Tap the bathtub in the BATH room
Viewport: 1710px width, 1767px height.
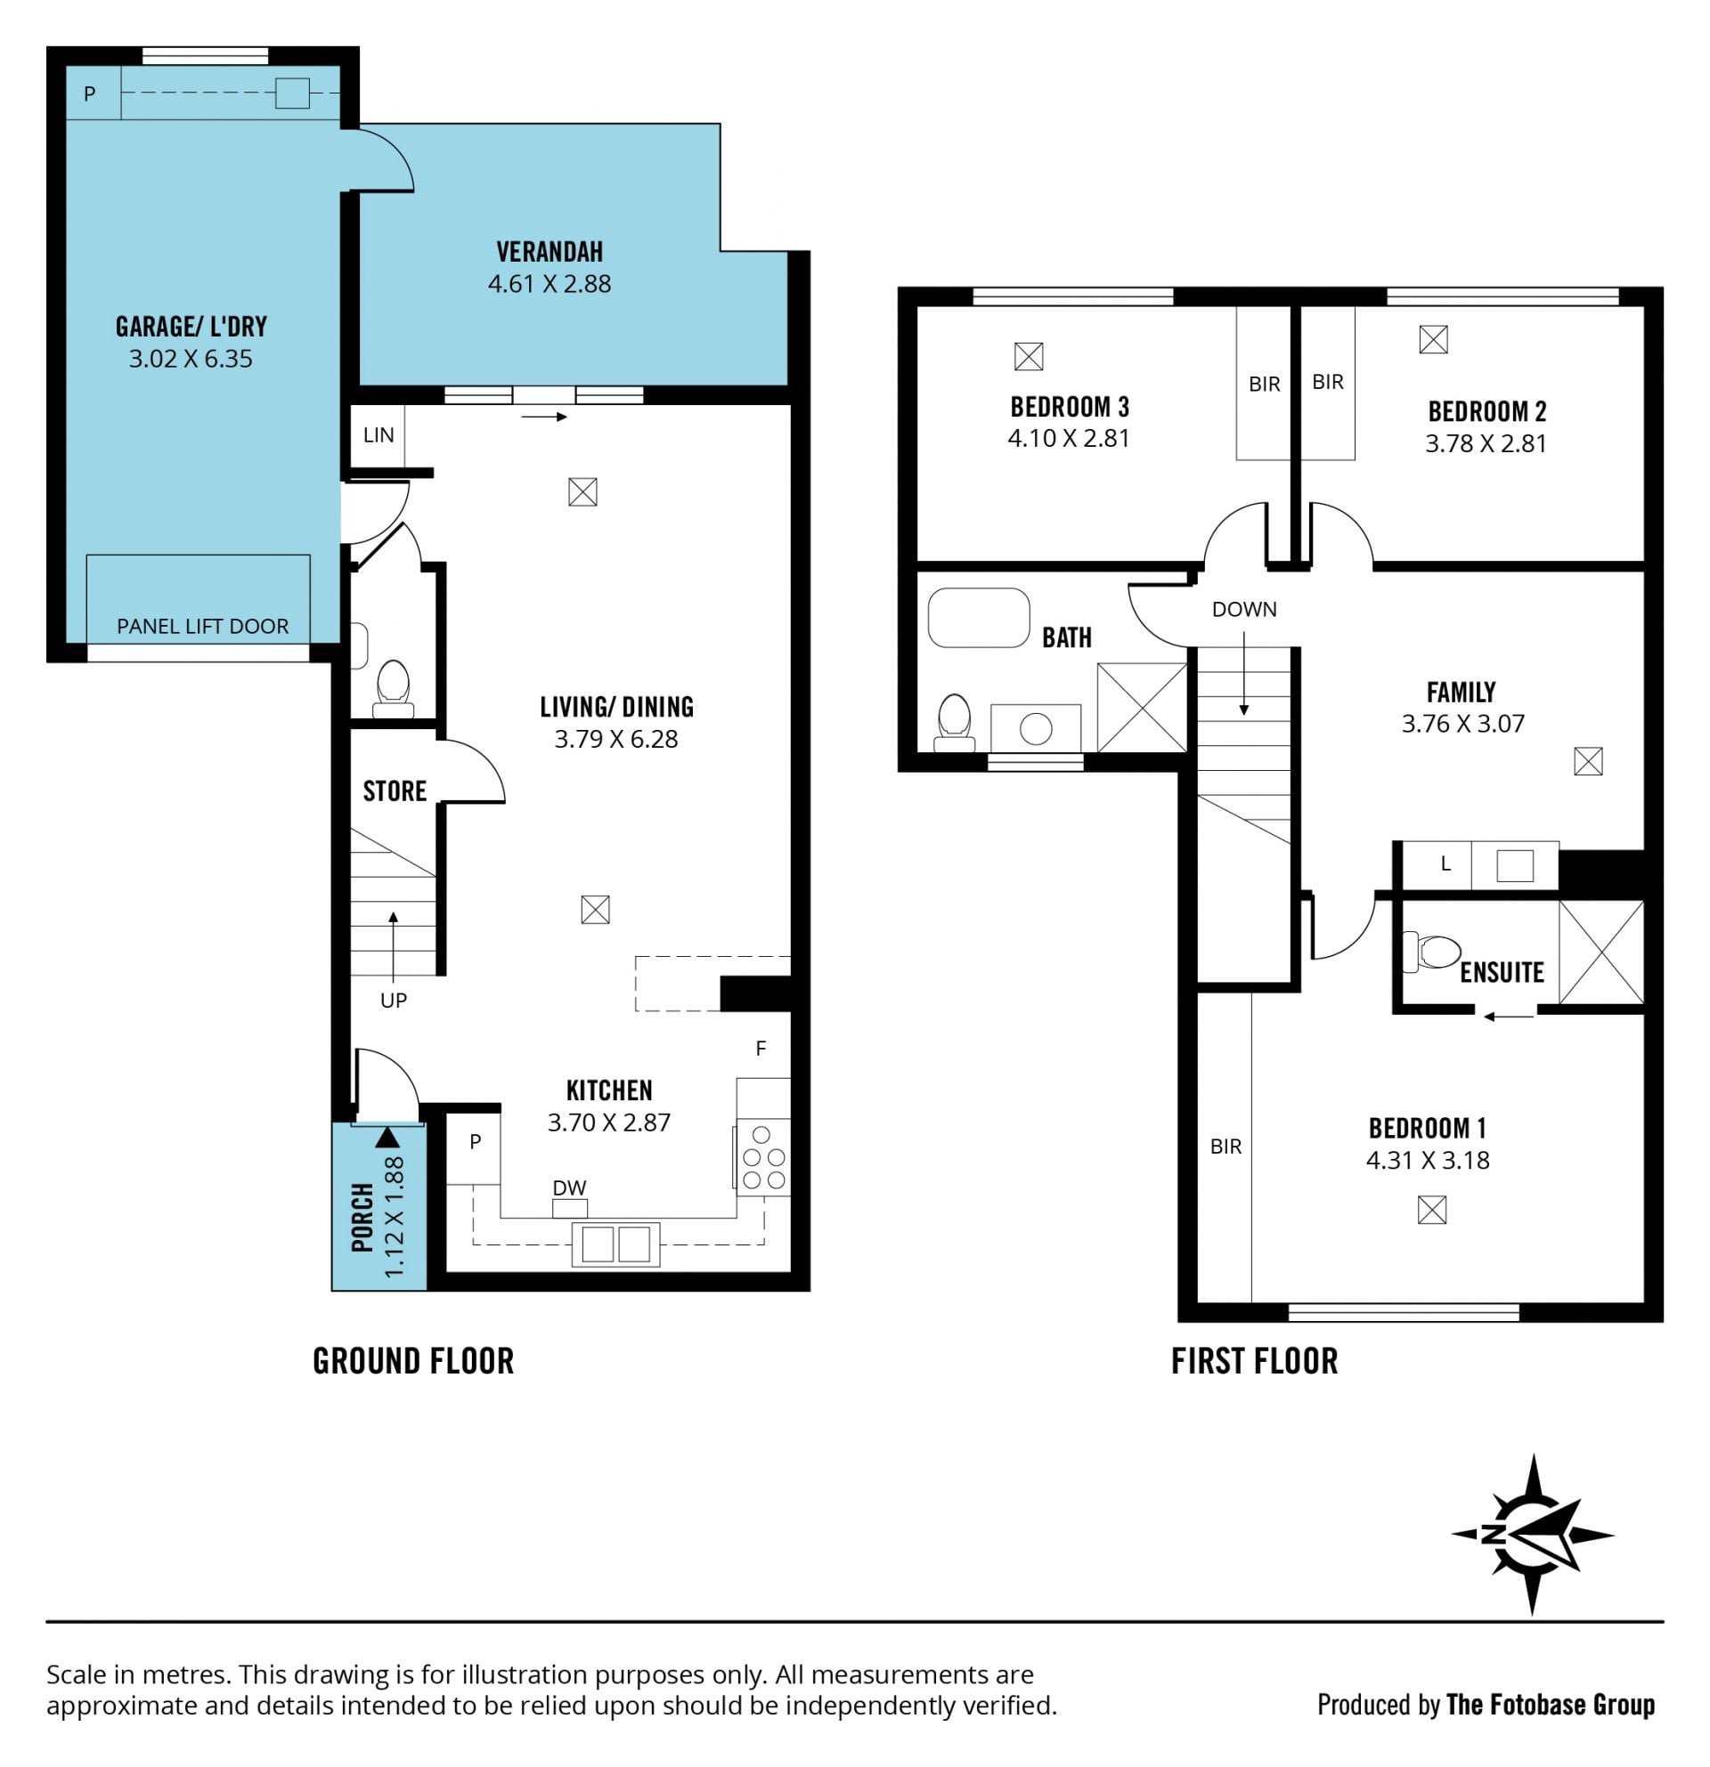[979, 618]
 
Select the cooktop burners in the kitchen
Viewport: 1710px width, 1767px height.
[763, 1156]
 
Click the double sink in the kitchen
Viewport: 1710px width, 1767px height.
[616, 1244]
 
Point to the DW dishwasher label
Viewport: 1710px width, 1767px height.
[569, 1187]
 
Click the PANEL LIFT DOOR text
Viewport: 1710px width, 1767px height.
[203, 626]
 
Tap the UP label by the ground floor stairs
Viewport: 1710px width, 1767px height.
[394, 1000]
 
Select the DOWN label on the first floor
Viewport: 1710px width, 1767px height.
[1243, 610]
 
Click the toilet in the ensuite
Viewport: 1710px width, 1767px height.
[1432, 951]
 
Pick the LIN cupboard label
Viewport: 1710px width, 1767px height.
[379, 434]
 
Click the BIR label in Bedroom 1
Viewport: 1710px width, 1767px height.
[1225, 1147]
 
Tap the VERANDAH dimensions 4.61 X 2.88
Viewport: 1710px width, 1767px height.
[550, 284]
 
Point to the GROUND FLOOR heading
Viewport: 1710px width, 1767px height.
[413, 1361]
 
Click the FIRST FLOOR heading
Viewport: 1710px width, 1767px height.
[1254, 1361]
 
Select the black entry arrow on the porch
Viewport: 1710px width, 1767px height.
[387, 1137]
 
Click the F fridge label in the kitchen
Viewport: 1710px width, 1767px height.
[761, 1049]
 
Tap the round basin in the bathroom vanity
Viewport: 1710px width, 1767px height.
[1036, 728]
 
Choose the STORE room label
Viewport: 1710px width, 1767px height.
[395, 791]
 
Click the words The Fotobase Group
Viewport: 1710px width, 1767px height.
[1551, 1705]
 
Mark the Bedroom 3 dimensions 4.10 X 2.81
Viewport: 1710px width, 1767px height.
[1069, 438]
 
